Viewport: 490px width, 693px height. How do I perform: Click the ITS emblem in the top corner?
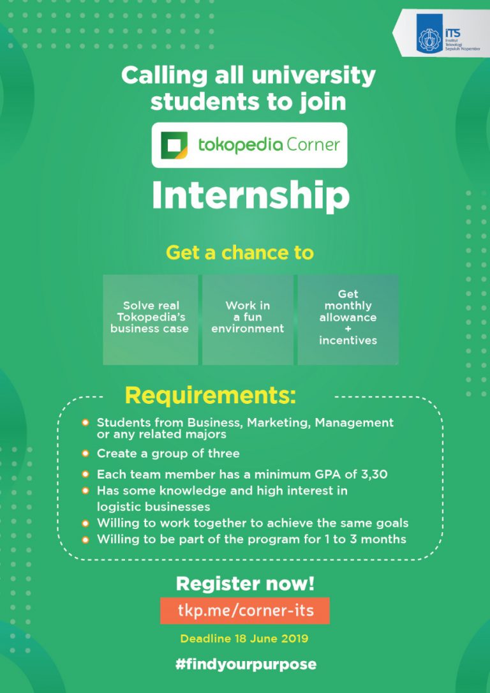pos(430,38)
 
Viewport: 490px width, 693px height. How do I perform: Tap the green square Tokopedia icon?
pos(174,145)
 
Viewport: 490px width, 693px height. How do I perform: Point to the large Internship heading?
pos(250,196)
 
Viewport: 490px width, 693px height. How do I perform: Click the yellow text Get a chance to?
pos(240,253)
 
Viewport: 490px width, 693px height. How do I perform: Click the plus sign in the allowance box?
pos(348,329)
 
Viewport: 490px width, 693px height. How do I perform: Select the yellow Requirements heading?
pos(211,396)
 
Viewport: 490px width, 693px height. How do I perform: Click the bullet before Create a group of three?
pos(85,454)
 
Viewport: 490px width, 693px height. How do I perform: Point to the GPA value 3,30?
pos(373,474)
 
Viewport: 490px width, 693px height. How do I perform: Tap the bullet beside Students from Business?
pos(85,422)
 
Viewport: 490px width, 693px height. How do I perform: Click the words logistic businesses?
pos(153,507)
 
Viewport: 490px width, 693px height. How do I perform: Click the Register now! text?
pos(245,583)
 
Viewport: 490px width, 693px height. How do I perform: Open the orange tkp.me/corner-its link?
pos(245,611)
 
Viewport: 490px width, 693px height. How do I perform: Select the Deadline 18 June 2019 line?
pos(245,638)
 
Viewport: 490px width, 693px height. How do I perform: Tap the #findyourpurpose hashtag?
pos(246,664)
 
